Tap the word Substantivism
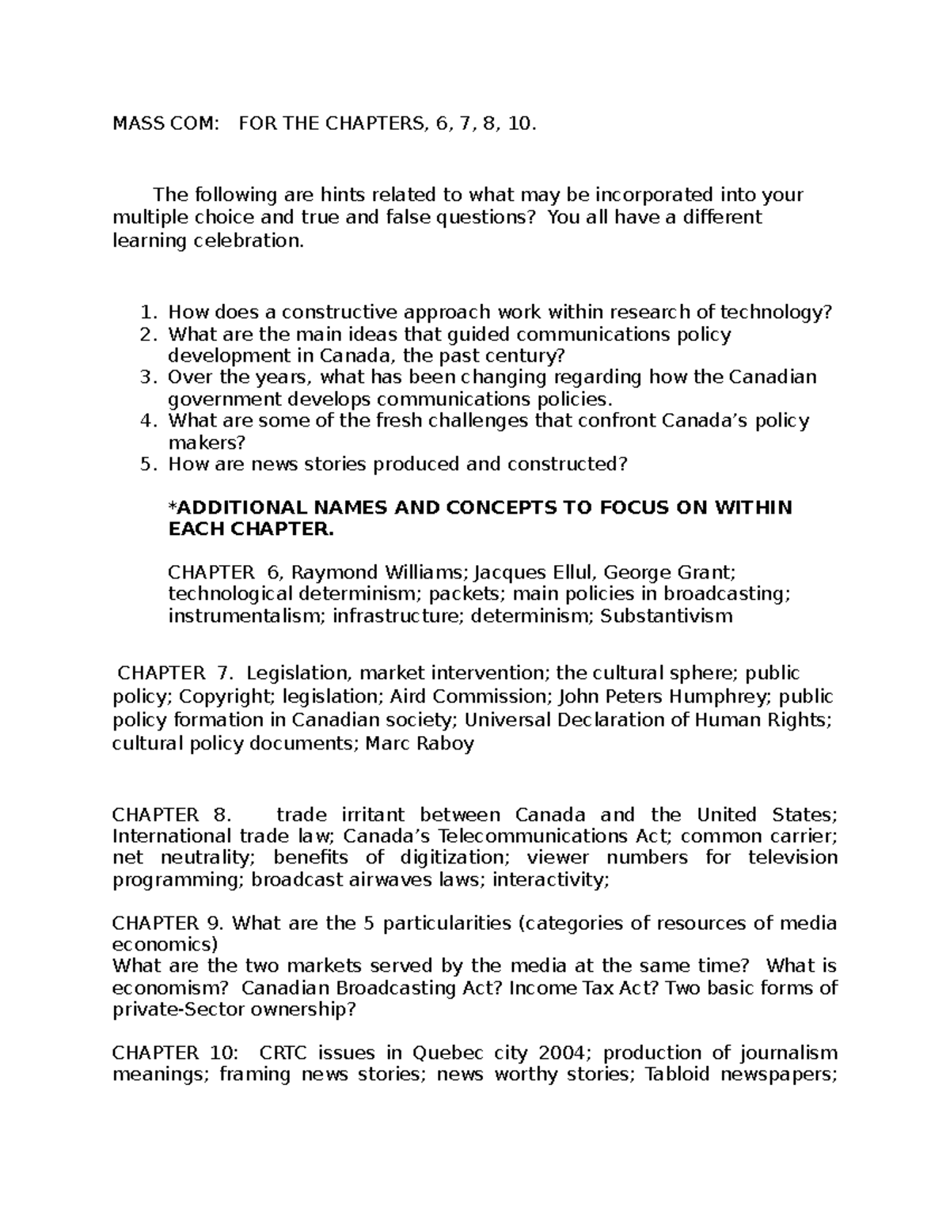tap(667, 616)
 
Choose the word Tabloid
tap(680, 1075)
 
